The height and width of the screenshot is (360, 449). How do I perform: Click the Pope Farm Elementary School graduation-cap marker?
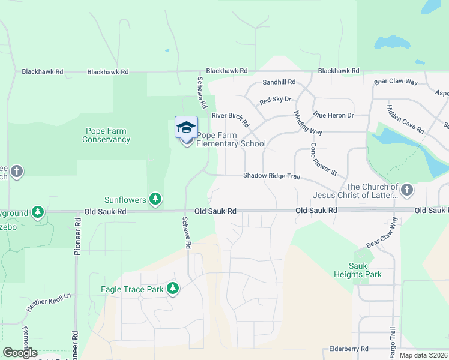[x=186, y=128]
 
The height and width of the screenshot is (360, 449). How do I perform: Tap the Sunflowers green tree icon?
[x=155, y=199]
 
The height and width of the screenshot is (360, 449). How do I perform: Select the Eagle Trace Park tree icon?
[x=173, y=289]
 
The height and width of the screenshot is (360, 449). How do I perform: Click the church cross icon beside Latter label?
[x=407, y=191]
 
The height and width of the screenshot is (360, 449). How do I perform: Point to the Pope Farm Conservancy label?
[x=106, y=135]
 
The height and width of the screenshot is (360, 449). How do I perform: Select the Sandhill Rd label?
[x=279, y=82]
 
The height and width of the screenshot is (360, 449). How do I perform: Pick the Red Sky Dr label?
[x=275, y=100]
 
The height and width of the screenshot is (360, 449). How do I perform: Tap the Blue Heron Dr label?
[x=333, y=115]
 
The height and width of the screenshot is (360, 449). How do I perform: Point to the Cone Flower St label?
[x=324, y=159]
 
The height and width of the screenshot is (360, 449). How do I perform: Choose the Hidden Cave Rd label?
[x=406, y=119]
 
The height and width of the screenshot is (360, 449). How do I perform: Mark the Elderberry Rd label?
[x=349, y=349]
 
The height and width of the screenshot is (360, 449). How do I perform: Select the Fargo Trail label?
[x=393, y=340]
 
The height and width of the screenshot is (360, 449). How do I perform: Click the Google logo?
[x=20, y=353]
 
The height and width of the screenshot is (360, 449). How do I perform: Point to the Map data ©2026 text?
[x=423, y=355]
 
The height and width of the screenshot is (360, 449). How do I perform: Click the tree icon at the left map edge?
[x=38, y=212]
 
